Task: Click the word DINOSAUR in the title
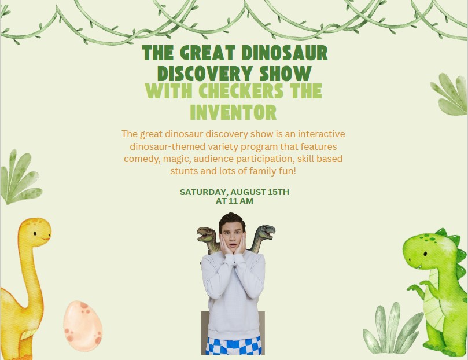click(285, 53)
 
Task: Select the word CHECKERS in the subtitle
click(241, 91)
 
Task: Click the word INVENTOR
click(233, 112)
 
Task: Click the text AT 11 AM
click(234, 201)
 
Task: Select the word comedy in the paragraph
click(142, 159)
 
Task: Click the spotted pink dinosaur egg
click(83, 326)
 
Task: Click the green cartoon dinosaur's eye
click(425, 254)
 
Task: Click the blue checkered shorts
click(233, 346)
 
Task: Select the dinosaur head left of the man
click(207, 234)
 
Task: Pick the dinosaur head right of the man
click(264, 232)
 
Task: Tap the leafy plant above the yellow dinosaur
click(20, 178)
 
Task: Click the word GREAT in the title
click(208, 53)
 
